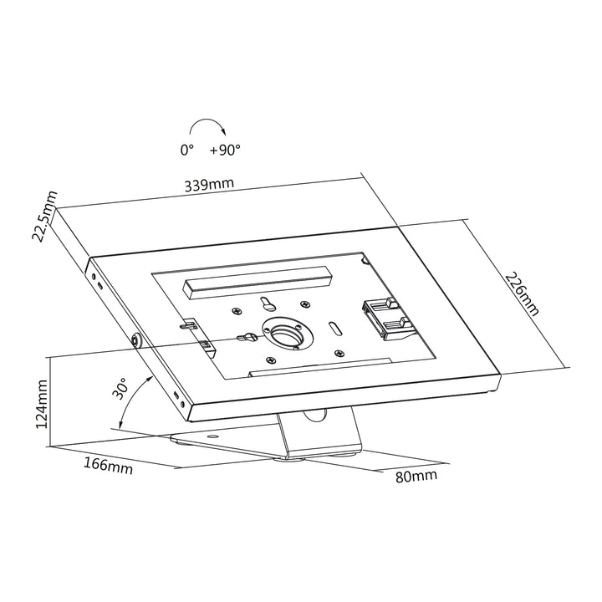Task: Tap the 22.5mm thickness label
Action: (43, 216)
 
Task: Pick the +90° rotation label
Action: (225, 150)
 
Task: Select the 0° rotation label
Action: (186, 150)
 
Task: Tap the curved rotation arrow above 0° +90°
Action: (205, 125)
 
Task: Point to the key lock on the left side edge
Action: (136, 340)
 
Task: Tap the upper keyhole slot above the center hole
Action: (266, 303)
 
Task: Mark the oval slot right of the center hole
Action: (334, 327)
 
